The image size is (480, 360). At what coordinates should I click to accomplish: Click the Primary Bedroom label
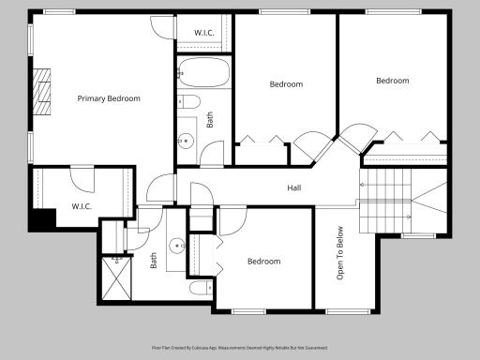tap(109, 98)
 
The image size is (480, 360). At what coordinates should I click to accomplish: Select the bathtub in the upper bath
tap(198, 70)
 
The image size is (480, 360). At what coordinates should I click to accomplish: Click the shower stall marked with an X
tap(117, 277)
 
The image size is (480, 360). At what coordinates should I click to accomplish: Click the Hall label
tap(294, 188)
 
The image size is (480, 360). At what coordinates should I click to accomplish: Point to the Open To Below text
tap(341, 254)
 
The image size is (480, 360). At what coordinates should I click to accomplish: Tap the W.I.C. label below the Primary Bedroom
tap(82, 206)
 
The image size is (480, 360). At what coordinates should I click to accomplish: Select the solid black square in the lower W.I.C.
tap(39, 221)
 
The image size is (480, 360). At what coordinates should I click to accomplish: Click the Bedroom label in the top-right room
tap(393, 81)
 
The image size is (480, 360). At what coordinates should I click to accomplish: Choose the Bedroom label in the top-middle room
tap(287, 84)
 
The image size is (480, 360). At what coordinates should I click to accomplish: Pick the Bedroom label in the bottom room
tap(263, 262)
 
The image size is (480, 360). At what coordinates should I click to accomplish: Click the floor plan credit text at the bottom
tap(240, 347)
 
